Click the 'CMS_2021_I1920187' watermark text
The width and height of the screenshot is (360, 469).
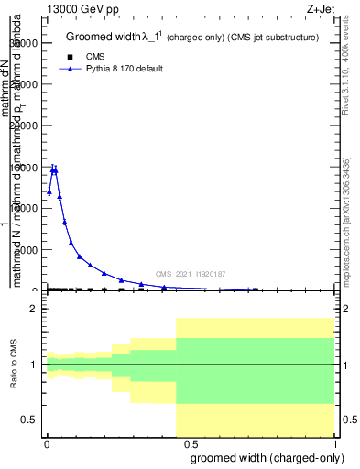[191, 274]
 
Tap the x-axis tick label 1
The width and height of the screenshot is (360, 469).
[335, 443]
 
